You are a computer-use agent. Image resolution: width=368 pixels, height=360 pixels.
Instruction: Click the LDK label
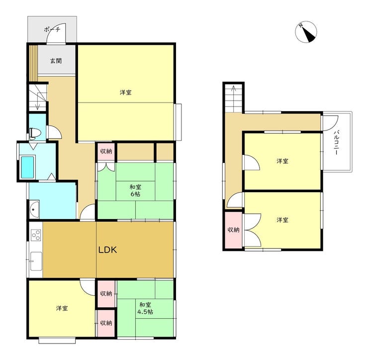pos(107,249)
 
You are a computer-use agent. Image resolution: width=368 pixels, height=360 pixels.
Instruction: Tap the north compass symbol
pos(306,32)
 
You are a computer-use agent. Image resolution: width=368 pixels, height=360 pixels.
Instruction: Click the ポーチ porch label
pos(52,29)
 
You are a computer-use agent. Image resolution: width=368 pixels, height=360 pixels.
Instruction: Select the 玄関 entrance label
pos(56,61)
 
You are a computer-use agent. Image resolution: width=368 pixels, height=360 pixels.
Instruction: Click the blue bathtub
pos(27,167)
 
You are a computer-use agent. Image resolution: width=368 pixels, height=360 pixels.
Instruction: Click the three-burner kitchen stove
pos(36,235)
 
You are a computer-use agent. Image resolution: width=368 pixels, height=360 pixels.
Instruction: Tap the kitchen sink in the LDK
pos(36,261)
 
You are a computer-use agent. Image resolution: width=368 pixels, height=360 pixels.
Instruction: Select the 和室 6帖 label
pos(135,191)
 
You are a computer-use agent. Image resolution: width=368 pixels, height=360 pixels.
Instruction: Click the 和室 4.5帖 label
pos(145,308)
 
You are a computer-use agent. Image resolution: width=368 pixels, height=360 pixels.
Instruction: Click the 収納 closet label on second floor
pos(234,230)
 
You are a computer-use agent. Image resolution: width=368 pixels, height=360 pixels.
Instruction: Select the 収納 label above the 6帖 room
pos(106,151)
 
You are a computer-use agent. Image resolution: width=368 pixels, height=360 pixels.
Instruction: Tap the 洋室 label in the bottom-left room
pos(62,308)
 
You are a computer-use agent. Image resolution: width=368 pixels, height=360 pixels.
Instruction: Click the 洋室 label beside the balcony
pos(282,161)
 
